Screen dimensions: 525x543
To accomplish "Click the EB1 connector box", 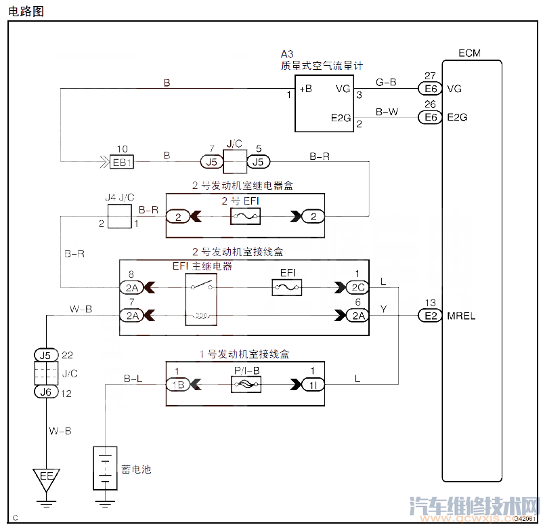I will click(x=122, y=162).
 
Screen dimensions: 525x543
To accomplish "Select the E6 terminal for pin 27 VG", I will click(x=429, y=89).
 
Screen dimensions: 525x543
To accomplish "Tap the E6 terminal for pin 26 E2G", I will click(x=429, y=117).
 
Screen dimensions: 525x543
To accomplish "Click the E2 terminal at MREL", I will click(x=429, y=316).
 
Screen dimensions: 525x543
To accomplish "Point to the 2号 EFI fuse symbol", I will click(x=244, y=216).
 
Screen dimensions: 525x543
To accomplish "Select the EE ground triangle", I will click(x=46, y=478).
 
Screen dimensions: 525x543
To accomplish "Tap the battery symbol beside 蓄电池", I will click(x=104, y=467).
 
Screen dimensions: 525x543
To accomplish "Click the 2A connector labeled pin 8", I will click(x=132, y=288).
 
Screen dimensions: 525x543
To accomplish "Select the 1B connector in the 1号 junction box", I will click(x=178, y=385).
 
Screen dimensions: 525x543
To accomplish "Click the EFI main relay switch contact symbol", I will click(x=202, y=288).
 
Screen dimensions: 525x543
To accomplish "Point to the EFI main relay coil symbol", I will click(x=202, y=316).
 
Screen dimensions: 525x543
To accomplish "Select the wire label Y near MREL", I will click(x=384, y=309).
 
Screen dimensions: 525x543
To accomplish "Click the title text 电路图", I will click(x=26, y=9).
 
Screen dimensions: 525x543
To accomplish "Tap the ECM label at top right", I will click(x=469, y=53).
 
